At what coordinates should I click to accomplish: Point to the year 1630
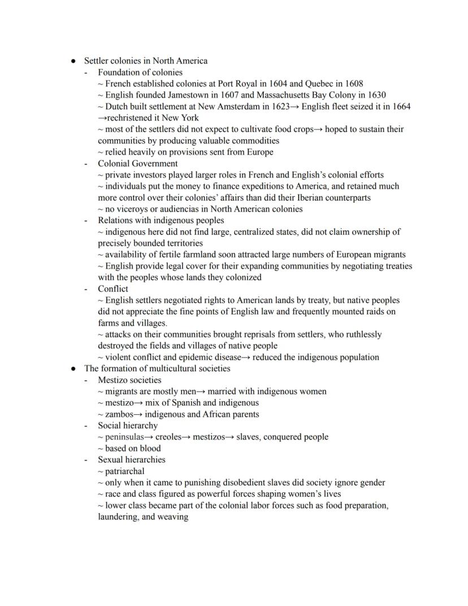point(375,95)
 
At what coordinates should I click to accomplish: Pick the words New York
point(181,118)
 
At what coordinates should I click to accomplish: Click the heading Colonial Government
point(137,164)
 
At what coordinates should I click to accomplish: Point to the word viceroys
point(134,209)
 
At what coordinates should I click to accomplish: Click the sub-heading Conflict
point(113,289)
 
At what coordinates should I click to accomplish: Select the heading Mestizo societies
point(129,380)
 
